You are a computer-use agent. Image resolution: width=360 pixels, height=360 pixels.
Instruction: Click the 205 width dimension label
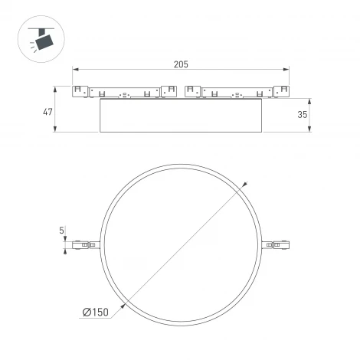[x=181, y=64]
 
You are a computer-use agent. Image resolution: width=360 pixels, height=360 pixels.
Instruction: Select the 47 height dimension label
[x=47, y=112]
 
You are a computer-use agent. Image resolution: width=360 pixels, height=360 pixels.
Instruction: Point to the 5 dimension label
[x=62, y=229]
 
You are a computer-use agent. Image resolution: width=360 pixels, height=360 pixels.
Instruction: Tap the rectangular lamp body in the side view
[x=181, y=116]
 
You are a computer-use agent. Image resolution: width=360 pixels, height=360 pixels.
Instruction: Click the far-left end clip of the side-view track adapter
[x=79, y=91]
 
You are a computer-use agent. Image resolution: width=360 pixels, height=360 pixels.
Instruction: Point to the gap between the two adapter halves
[x=181, y=92]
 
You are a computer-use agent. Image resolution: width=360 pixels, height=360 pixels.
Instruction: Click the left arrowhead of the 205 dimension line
[x=75, y=71]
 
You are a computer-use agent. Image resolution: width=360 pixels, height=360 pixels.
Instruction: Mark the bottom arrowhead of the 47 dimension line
[x=57, y=129]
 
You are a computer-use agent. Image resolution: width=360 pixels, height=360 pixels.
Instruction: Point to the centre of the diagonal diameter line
[x=182, y=245]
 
